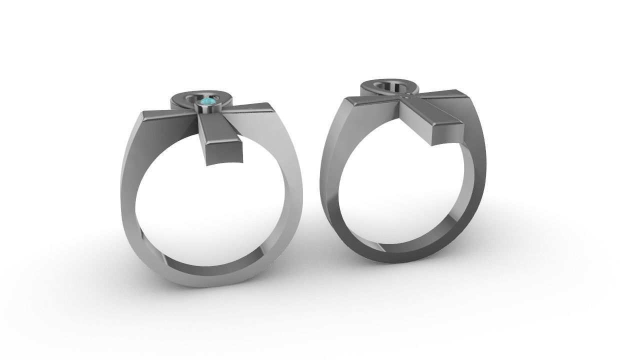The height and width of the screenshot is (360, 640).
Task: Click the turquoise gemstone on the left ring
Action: pos(207,103)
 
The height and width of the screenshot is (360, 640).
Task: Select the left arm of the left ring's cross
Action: pos(165,115)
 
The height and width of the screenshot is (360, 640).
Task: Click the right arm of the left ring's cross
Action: pos(250,110)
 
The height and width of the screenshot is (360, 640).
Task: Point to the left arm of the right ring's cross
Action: pos(370,102)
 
